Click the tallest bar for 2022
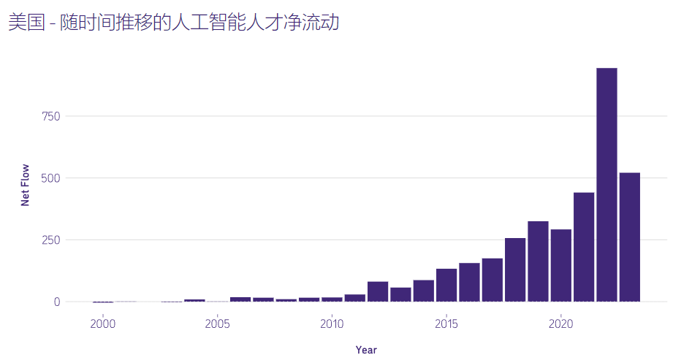pyautogui.click(x=607, y=184)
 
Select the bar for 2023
pyautogui.click(x=630, y=237)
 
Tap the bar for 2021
pyautogui.click(x=584, y=247)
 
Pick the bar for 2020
pyautogui.click(x=560, y=265)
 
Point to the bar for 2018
pyautogui.click(x=515, y=269)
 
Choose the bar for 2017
pyautogui.click(x=492, y=280)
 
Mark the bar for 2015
pyautogui.click(x=446, y=285)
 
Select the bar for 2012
pyautogui.click(x=378, y=291)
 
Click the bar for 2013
pyautogui.click(x=400, y=294)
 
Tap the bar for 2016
pyautogui.click(x=469, y=282)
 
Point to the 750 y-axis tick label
pyautogui.click(x=49, y=116)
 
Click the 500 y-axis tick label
pyautogui.click(x=49, y=178)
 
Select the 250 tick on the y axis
pyautogui.click(x=49, y=240)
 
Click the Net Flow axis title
pyautogui.click(x=25, y=185)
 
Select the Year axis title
pyautogui.click(x=366, y=351)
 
